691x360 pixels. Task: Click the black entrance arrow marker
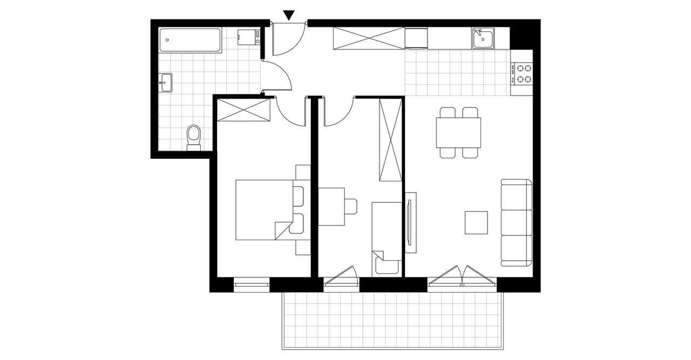pos(290,15)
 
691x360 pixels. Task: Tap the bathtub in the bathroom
pos(189,40)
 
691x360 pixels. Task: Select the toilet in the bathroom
pos(193,137)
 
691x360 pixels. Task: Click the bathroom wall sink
pos(165,83)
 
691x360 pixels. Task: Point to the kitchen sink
pos(482,39)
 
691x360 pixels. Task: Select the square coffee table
pos(477,222)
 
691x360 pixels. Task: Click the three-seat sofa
pos(517,222)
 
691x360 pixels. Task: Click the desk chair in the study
pos(351,206)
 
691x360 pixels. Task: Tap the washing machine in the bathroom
pos(249,37)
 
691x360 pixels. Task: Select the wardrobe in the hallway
pos(369,38)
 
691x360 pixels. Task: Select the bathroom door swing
pos(278,76)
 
